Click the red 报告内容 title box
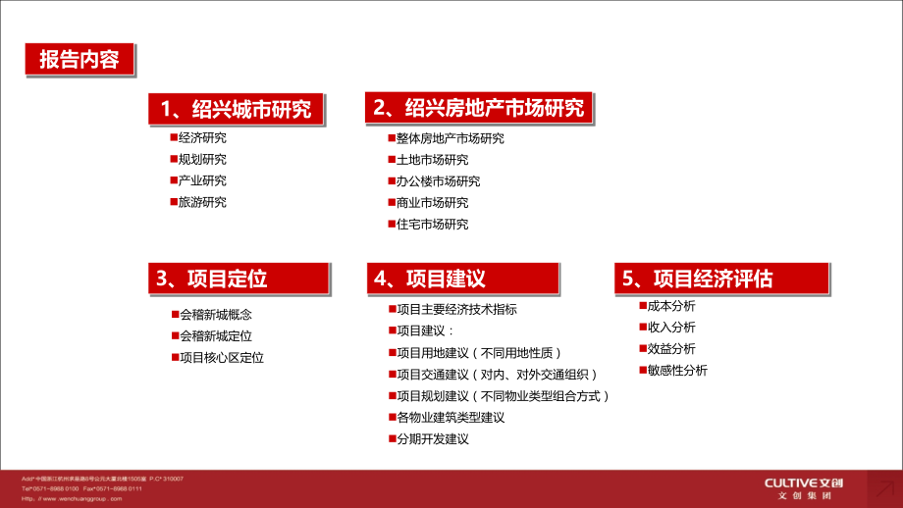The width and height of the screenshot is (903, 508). pyautogui.click(x=79, y=60)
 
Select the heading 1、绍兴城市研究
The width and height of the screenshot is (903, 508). pyautogui.click(x=237, y=109)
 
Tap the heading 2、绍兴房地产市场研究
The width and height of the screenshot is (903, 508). pyautogui.click(x=479, y=109)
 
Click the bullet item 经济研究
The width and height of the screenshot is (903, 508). pyautogui.click(x=202, y=138)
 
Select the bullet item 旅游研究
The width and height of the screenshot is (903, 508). pyautogui.click(x=202, y=203)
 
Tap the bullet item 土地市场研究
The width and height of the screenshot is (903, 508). pyautogui.click(x=432, y=160)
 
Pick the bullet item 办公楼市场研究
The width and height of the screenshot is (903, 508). pyautogui.click(x=438, y=181)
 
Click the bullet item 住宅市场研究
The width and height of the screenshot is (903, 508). pyautogui.click(x=432, y=225)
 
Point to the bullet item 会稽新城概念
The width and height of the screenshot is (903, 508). pyautogui.click(x=215, y=315)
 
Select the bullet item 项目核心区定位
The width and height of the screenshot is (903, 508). pyautogui.click(x=221, y=358)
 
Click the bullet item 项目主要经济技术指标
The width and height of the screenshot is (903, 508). pyautogui.click(x=456, y=310)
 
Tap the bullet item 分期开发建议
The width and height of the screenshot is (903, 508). pyautogui.click(x=432, y=439)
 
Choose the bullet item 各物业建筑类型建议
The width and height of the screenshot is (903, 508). pyautogui.click(x=450, y=418)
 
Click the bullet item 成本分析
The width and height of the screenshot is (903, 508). pyautogui.click(x=671, y=306)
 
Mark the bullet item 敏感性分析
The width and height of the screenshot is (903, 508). pyautogui.click(x=677, y=371)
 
